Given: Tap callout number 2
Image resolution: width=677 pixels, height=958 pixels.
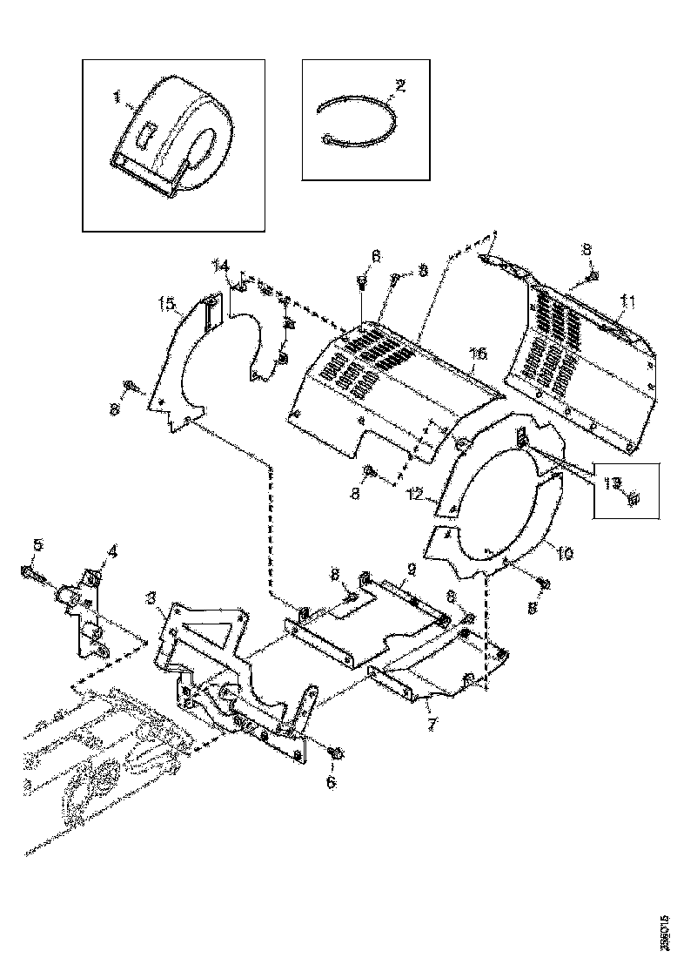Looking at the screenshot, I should (x=399, y=85).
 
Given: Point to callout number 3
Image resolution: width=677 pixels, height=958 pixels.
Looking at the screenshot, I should (x=151, y=597).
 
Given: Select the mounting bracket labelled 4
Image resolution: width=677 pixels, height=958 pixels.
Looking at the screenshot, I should (x=91, y=610).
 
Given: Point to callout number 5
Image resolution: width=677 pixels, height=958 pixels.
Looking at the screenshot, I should (x=37, y=546).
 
